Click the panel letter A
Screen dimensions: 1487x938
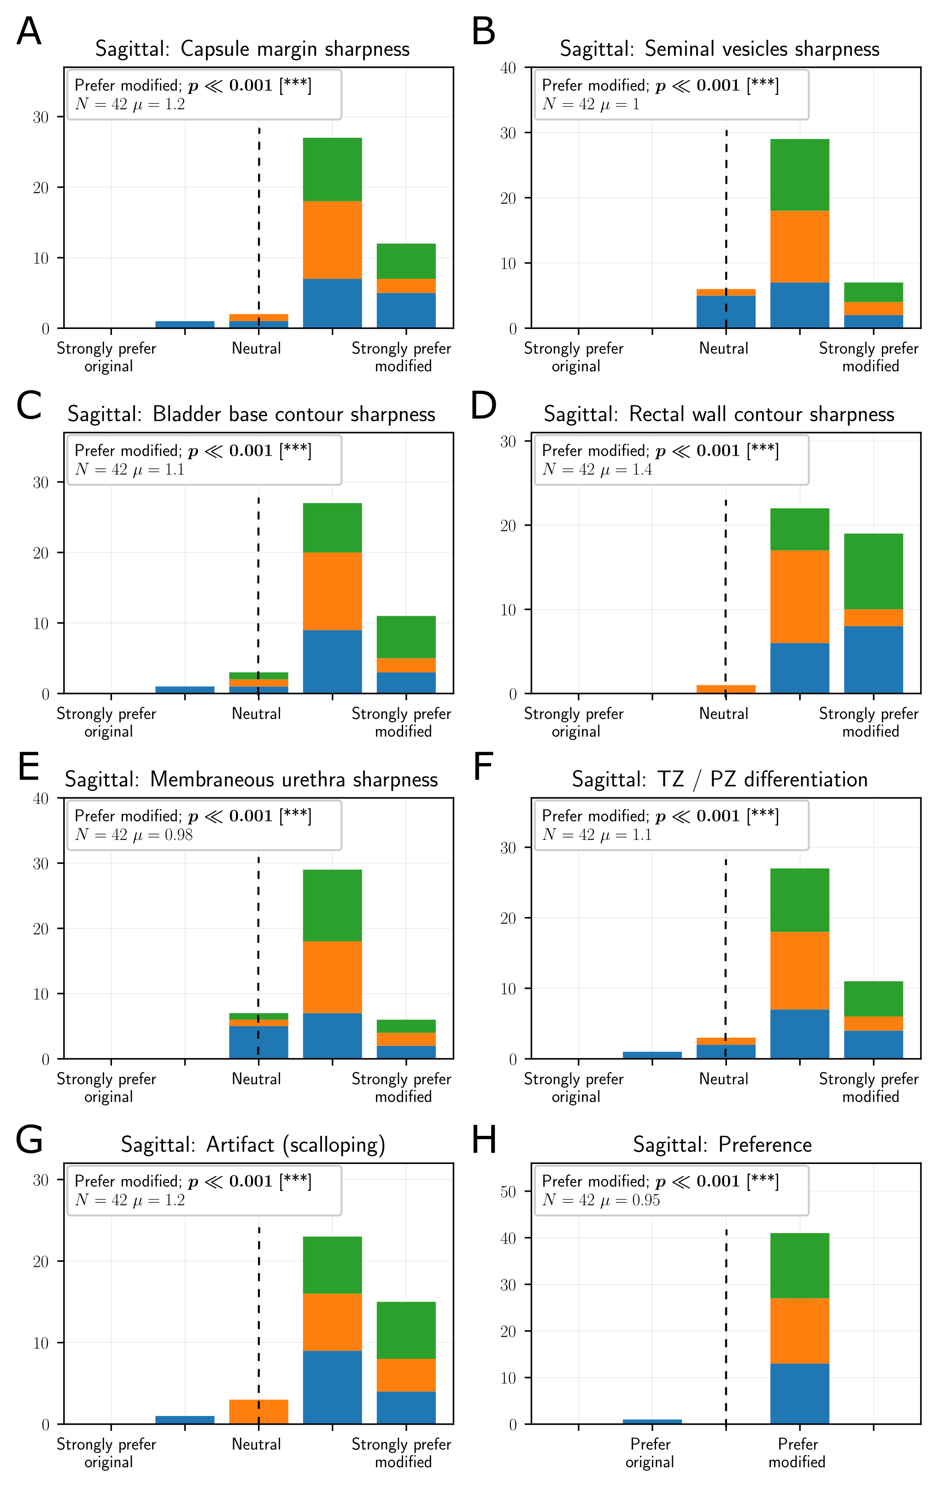[x=29, y=32]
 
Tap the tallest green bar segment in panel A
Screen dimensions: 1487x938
[x=332, y=169]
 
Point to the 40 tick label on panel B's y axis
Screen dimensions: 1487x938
[x=508, y=68]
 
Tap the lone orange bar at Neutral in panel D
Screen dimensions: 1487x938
[x=726, y=689]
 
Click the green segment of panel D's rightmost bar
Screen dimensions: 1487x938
[x=873, y=571]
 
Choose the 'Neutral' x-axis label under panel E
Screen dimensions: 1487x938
[x=256, y=1078]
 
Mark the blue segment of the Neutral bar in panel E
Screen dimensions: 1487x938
[x=258, y=1042]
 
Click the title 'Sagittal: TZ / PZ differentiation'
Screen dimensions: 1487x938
[x=720, y=779]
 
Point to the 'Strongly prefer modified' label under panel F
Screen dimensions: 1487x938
[x=869, y=1087]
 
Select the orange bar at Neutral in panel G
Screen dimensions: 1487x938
[x=258, y=1411]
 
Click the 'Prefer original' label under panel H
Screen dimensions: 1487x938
[x=650, y=1452]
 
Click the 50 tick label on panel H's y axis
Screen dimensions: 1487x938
[x=508, y=1191]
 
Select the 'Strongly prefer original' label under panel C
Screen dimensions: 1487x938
[x=107, y=722]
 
